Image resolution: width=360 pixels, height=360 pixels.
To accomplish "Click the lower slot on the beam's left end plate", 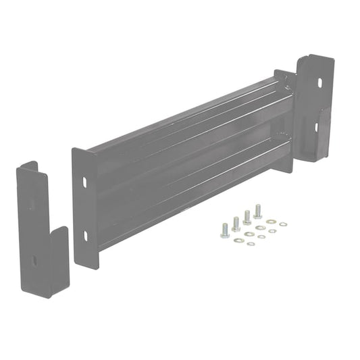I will pyautogui.click(x=85, y=235).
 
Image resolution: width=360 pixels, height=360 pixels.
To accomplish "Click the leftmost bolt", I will pyautogui.click(x=225, y=230).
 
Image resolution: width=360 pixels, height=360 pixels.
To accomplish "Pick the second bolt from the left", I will pyautogui.click(x=236, y=224).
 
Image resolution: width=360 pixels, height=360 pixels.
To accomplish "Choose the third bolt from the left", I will pyautogui.click(x=247, y=217).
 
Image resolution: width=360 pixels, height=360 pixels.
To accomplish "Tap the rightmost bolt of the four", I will pyautogui.click(x=257, y=211).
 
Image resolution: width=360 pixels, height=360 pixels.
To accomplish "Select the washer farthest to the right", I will pyautogui.click(x=283, y=224).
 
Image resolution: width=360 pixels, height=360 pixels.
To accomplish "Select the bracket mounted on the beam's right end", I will pyautogui.click(x=316, y=108).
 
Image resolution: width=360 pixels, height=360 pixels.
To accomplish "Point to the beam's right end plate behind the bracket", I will pyautogui.click(x=286, y=115).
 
